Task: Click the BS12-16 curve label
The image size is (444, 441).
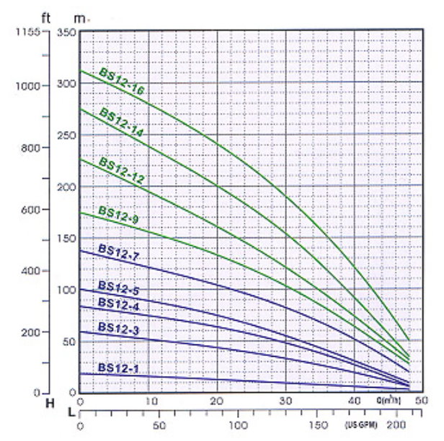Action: [123, 80]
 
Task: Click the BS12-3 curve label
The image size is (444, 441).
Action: [117, 329]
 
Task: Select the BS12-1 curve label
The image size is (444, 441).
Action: [117, 368]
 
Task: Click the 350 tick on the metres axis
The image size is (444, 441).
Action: [66, 33]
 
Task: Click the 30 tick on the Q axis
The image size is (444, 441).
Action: [286, 401]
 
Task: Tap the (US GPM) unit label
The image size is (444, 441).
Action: [361, 426]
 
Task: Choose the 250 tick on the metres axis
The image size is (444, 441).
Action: [66, 135]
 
